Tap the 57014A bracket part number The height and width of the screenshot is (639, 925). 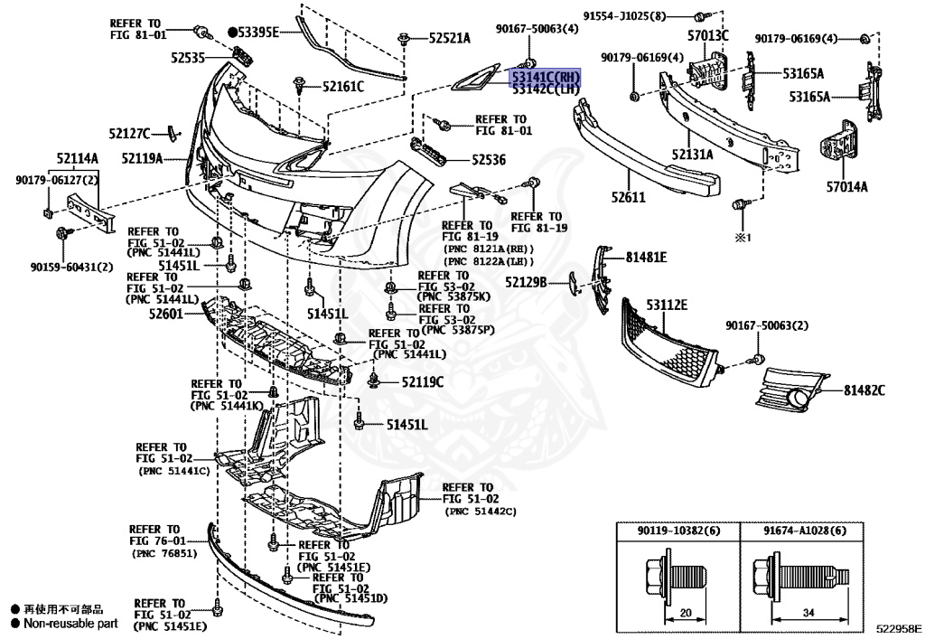tap(846, 187)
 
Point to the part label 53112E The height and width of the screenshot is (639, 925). tap(667, 305)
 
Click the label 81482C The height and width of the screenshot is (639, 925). tap(864, 390)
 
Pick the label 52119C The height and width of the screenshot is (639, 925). tap(423, 382)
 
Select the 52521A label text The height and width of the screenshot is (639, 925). tap(450, 38)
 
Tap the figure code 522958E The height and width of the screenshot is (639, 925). tap(897, 625)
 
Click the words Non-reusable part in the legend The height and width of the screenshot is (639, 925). tap(70, 623)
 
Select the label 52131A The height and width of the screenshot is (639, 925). tap(692, 155)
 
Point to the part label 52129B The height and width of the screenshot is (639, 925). tap(527, 282)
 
